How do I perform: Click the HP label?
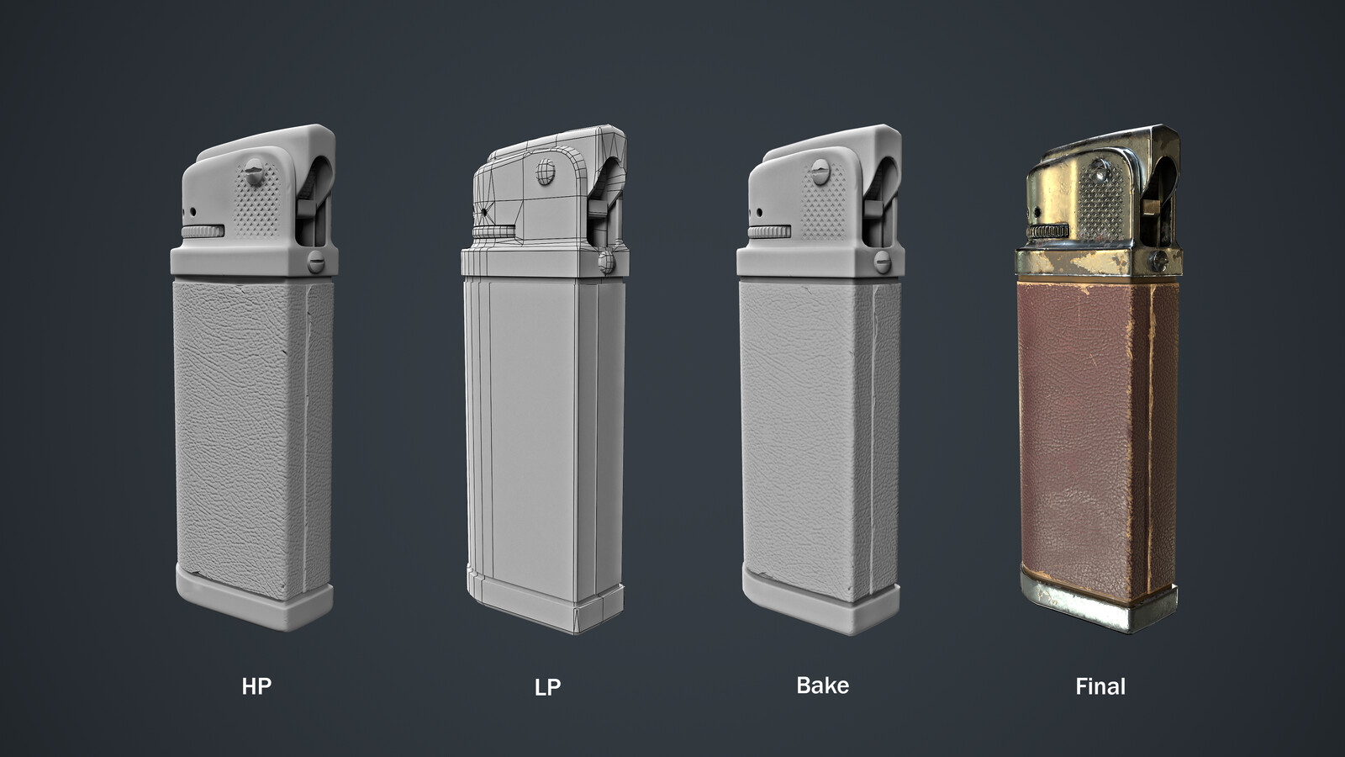256,686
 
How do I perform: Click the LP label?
547,687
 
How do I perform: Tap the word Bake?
822,686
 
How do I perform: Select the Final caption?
1100,686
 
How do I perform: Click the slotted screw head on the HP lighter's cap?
251,177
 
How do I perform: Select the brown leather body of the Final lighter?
1080,421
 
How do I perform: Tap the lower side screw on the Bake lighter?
883,262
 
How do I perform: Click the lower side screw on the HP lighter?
316,262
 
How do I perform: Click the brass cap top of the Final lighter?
1093,147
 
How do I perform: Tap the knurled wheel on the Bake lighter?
767,231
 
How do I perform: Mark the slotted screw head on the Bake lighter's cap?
818,177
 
